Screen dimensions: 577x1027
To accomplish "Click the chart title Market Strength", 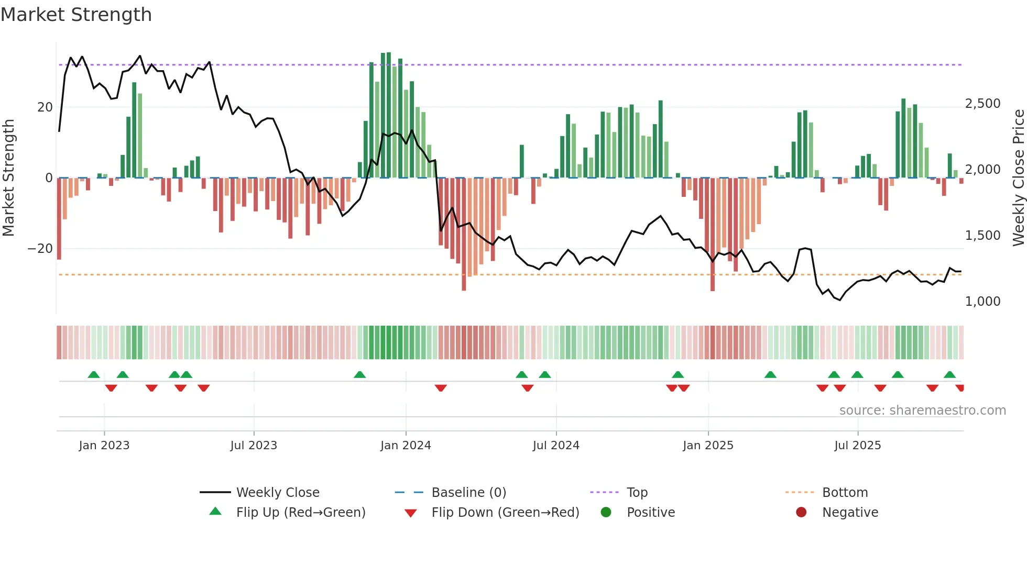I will click(76, 15).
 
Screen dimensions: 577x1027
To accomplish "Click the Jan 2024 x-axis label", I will click(406, 446).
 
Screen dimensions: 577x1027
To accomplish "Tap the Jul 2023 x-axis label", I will click(254, 446).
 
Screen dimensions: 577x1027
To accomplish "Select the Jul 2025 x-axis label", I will click(857, 446).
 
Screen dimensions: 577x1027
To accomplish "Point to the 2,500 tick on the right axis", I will click(982, 104).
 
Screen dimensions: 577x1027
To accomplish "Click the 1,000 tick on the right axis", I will click(982, 302).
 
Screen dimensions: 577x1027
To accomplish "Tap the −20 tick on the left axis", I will click(40, 249).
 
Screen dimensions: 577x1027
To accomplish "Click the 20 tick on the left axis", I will click(45, 107).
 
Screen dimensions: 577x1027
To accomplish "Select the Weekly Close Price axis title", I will click(1018, 178).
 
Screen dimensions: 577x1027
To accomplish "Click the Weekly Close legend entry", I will click(277, 493).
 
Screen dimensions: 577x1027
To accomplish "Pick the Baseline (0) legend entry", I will click(468, 493).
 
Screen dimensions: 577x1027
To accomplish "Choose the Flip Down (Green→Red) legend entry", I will click(505, 513).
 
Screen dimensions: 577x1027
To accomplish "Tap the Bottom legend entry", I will click(845, 493).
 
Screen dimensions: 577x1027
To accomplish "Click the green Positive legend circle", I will click(606, 513).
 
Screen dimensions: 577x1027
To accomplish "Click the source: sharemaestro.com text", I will click(922, 410).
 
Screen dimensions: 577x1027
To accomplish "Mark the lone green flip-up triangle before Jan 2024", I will click(359, 375).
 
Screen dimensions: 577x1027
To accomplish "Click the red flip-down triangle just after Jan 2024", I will click(441, 388).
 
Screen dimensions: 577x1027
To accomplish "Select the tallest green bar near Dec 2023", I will click(389, 115).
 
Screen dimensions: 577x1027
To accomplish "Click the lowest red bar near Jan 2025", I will click(712, 236).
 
